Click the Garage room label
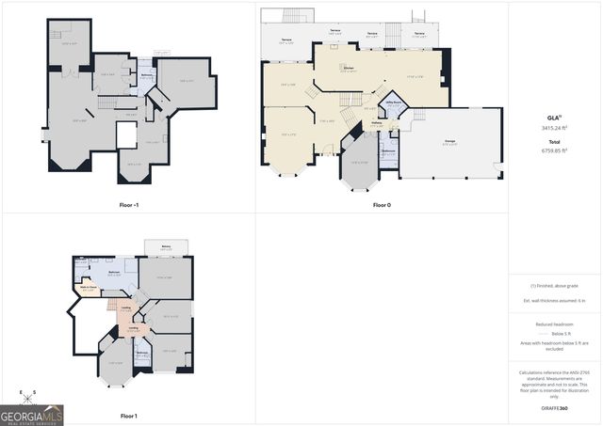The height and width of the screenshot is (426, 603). pyautogui.click(x=449, y=141)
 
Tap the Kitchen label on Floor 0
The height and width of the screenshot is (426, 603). pyautogui.click(x=348, y=68)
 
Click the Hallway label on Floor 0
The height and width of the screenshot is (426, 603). pyautogui.click(x=376, y=121)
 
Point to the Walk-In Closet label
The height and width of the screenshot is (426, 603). pyautogui.click(x=89, y=288)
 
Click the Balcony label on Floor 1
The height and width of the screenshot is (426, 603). pyautogui.click(x=166, y=246)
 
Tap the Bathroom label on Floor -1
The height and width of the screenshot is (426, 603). pyautogui.click(x=147, y=74)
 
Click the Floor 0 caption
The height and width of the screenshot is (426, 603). pyautogui.click(x=381, y=204)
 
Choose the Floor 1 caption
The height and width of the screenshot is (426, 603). pyautogui.click(x=128, y=416)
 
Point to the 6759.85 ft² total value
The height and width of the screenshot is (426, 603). pyautogui.click(x=554, y=150)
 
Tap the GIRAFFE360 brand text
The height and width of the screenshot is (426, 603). pyautogui.click(x=554, y=409)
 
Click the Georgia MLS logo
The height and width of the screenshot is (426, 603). pyautogui.click(x=32, y=414)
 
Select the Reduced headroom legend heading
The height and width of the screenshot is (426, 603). pyautogui.click(x=554, y=323)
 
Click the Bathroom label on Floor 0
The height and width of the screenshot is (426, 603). pyautogui.click(x=388, y=150)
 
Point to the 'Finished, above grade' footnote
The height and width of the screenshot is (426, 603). pyautogui.click(x=554, y=285)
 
